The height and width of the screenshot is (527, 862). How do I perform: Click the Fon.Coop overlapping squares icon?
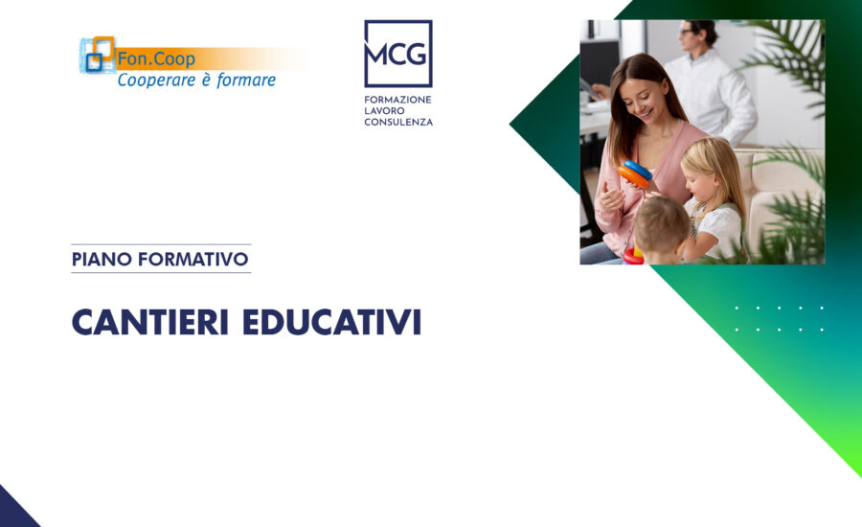[x=98, y=56]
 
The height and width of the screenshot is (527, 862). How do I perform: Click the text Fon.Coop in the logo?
[x=156, y=59]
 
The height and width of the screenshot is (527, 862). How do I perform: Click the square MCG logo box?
[x=397, y=54]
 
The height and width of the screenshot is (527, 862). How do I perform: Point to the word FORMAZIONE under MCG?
[x=397, y=99]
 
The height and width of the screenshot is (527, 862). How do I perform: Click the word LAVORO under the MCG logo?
[x=385, y=110]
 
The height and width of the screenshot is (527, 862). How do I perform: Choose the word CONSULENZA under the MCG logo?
[x=398, y=122]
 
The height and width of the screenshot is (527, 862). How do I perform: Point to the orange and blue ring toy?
[x=636, y=173]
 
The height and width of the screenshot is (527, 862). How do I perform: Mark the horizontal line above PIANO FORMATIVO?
[x=161, y=244]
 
